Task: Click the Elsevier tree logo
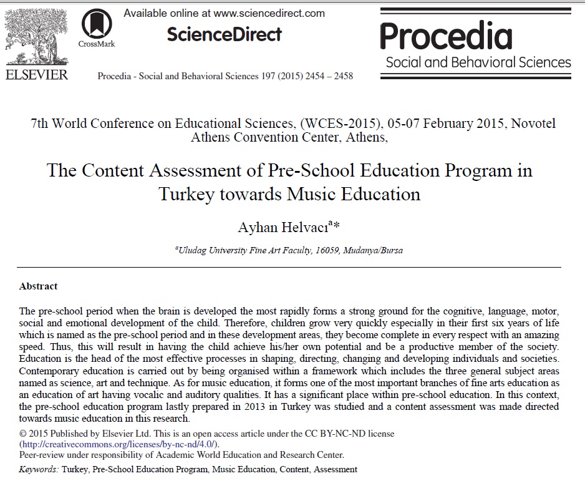36,36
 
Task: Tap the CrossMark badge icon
97,24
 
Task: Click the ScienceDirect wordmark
224,34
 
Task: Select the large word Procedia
446,36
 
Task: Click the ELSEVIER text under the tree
36,74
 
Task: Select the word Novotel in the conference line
533,124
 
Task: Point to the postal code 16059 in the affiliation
323,250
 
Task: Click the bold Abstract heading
38,286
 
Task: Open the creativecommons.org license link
119,444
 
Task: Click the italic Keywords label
39,469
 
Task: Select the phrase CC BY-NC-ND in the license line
338,434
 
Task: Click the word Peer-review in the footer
41,455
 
